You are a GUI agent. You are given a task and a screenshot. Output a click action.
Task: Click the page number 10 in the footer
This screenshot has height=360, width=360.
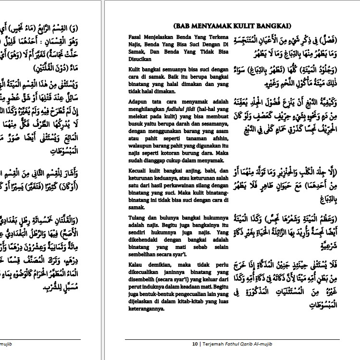coord(195,344)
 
